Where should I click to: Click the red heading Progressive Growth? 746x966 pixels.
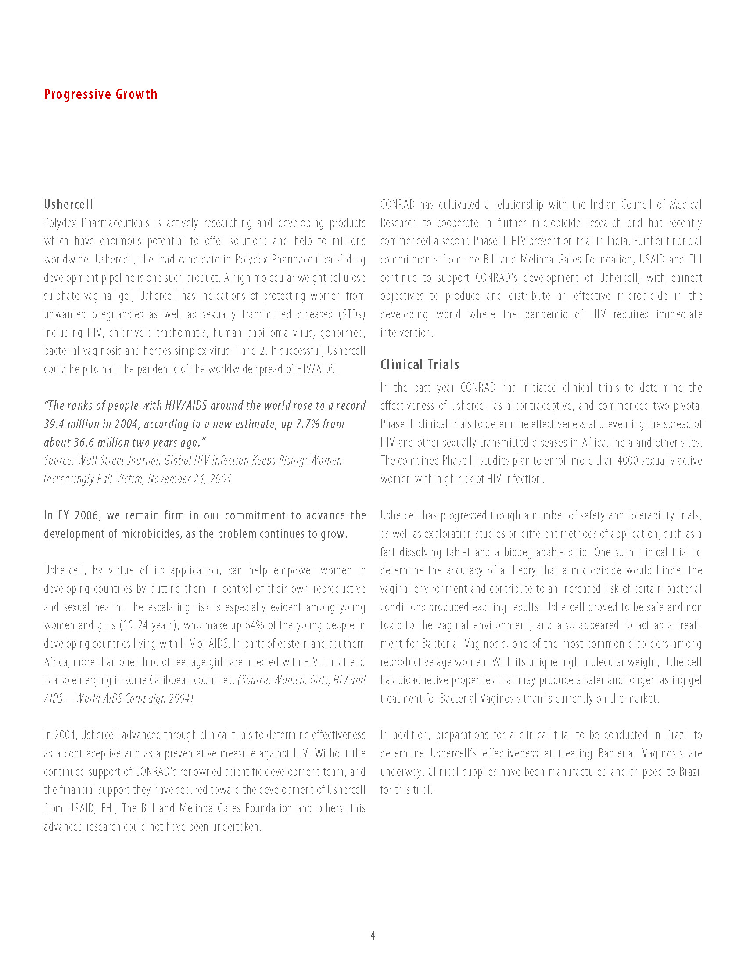pyautogui.click(x=100, y=94)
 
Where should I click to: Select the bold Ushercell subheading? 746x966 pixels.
pyautogui.click(x=68, y=204)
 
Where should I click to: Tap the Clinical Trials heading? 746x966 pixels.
pyautogui.click(x=420, y=364)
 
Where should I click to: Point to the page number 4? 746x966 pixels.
pyautogui.click(x=373, y=935)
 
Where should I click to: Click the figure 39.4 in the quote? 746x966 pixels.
pyautogui.click(x=54, y=424)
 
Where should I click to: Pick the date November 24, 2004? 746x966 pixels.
pyautogui.click(x=189, y=479)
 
